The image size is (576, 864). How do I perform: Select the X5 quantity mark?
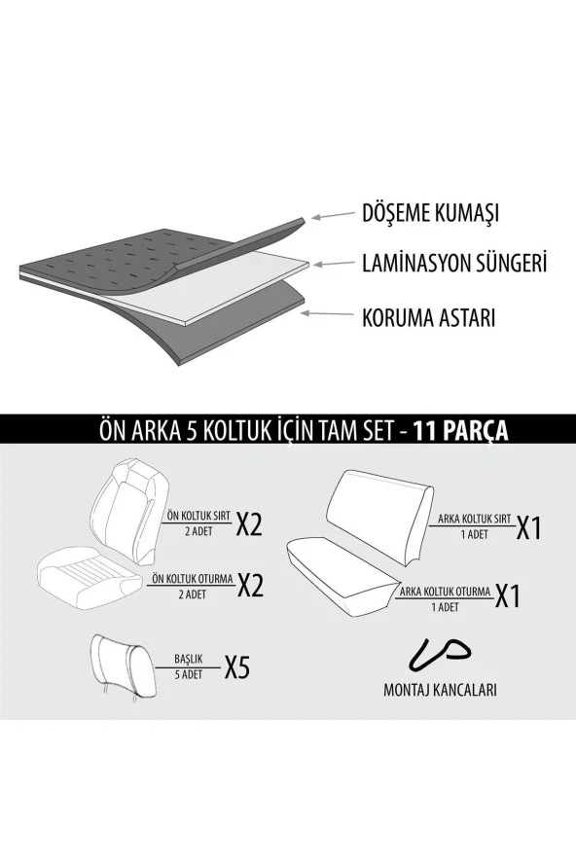point(237,668)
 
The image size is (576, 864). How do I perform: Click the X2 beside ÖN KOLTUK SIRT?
point(250,524)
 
